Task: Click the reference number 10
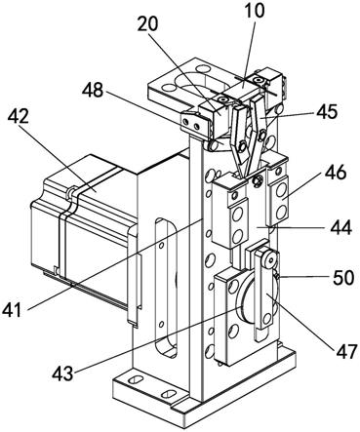(255, 11)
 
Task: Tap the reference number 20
(147, 23)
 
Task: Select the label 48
(93, 90)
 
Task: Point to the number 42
(19, 116)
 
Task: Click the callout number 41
(12, 309)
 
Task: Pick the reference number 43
(63, 374)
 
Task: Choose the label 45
(326, 112)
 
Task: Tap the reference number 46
(335, 173)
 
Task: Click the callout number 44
(341, 227)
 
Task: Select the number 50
(343, 278)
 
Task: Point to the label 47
(345, 352)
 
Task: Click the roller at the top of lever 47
(270, 259)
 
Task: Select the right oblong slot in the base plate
(169, 394)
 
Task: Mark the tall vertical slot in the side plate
(166, 288)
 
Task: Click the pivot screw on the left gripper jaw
(242, 146)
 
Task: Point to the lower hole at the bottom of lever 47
(267, 319)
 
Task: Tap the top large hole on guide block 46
(280, 193)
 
